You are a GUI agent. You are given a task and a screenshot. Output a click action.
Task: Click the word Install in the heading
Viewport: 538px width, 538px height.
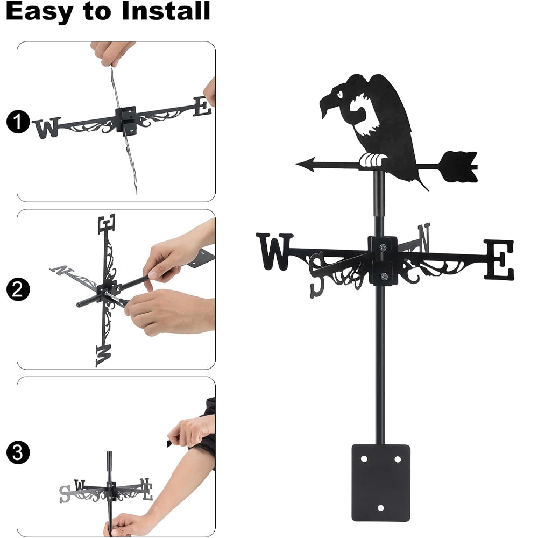tap(166, 11)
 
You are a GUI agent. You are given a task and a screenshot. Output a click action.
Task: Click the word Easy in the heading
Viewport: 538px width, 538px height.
tap(39, 12)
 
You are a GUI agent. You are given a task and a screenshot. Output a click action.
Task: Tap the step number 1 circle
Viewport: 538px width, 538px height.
tap(18, 122)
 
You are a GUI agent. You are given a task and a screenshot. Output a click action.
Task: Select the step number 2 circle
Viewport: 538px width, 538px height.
tap(18, 289)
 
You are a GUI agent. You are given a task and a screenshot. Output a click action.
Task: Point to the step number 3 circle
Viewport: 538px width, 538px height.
tap(18, 452)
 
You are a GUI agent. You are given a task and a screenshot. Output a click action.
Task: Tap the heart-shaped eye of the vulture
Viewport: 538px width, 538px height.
tap(339, 93)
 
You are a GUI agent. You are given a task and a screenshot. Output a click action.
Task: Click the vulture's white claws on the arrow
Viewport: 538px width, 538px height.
tap(373, 160)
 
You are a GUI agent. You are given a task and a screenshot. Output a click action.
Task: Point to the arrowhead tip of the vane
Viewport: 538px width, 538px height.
tap(296, 164)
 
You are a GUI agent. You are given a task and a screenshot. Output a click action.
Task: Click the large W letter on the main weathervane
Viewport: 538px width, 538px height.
tap(274, 251)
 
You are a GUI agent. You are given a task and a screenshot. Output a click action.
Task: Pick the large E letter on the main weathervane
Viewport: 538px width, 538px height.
tap(499, 259)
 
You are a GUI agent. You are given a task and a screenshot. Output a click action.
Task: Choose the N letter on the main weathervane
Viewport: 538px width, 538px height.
tap(423, 237)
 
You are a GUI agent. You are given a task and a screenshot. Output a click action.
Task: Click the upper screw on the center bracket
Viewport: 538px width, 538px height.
tap(383, 247)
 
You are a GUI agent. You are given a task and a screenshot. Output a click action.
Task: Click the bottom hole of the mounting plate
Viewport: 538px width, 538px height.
tap(380, 508)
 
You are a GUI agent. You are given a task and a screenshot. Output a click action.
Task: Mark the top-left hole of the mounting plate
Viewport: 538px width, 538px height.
tap(364, 459)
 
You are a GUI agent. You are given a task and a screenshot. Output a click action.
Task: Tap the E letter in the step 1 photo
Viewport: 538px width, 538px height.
tap(202, 107)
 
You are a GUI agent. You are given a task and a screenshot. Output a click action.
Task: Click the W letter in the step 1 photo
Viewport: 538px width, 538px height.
tap(46, 128)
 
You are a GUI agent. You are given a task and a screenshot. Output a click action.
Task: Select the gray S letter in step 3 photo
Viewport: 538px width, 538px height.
tap(65, 494)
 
